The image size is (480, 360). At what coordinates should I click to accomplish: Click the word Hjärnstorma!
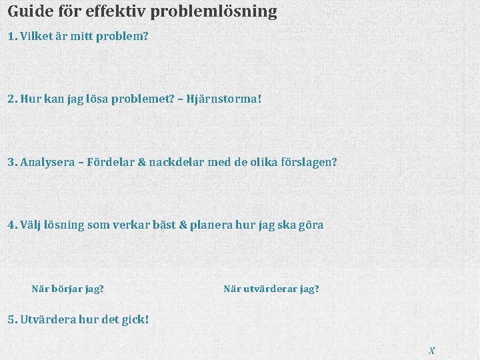tap(224, 99)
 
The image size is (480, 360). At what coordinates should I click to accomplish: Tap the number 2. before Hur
tap(12, 99)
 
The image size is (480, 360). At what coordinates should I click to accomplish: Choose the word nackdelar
tap(178, 162)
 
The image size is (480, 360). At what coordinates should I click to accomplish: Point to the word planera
tap(211, 225)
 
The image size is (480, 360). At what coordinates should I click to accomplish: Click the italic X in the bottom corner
tap(432, 350)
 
